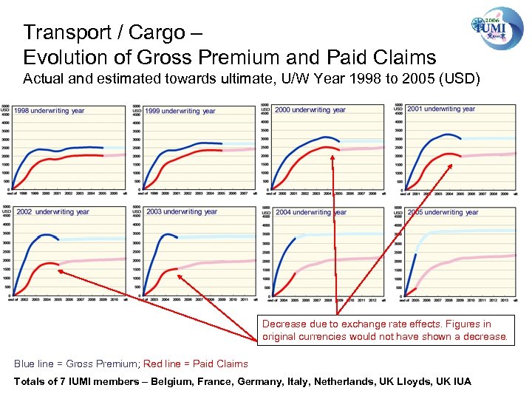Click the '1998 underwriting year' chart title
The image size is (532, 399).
pyautogui.click(x=50, y=111)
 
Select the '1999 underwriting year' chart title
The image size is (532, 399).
pyautogui.click(x=180, y=111)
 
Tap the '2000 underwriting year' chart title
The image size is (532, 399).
pyautogui.click(x=310, y=110)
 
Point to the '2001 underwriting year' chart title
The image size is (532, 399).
pyautogui.click(x=441, y=109)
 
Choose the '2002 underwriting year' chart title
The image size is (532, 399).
pyautogui.click(x=52, y=212)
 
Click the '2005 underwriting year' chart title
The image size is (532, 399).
pyautogui.click(x=443, y=213)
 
